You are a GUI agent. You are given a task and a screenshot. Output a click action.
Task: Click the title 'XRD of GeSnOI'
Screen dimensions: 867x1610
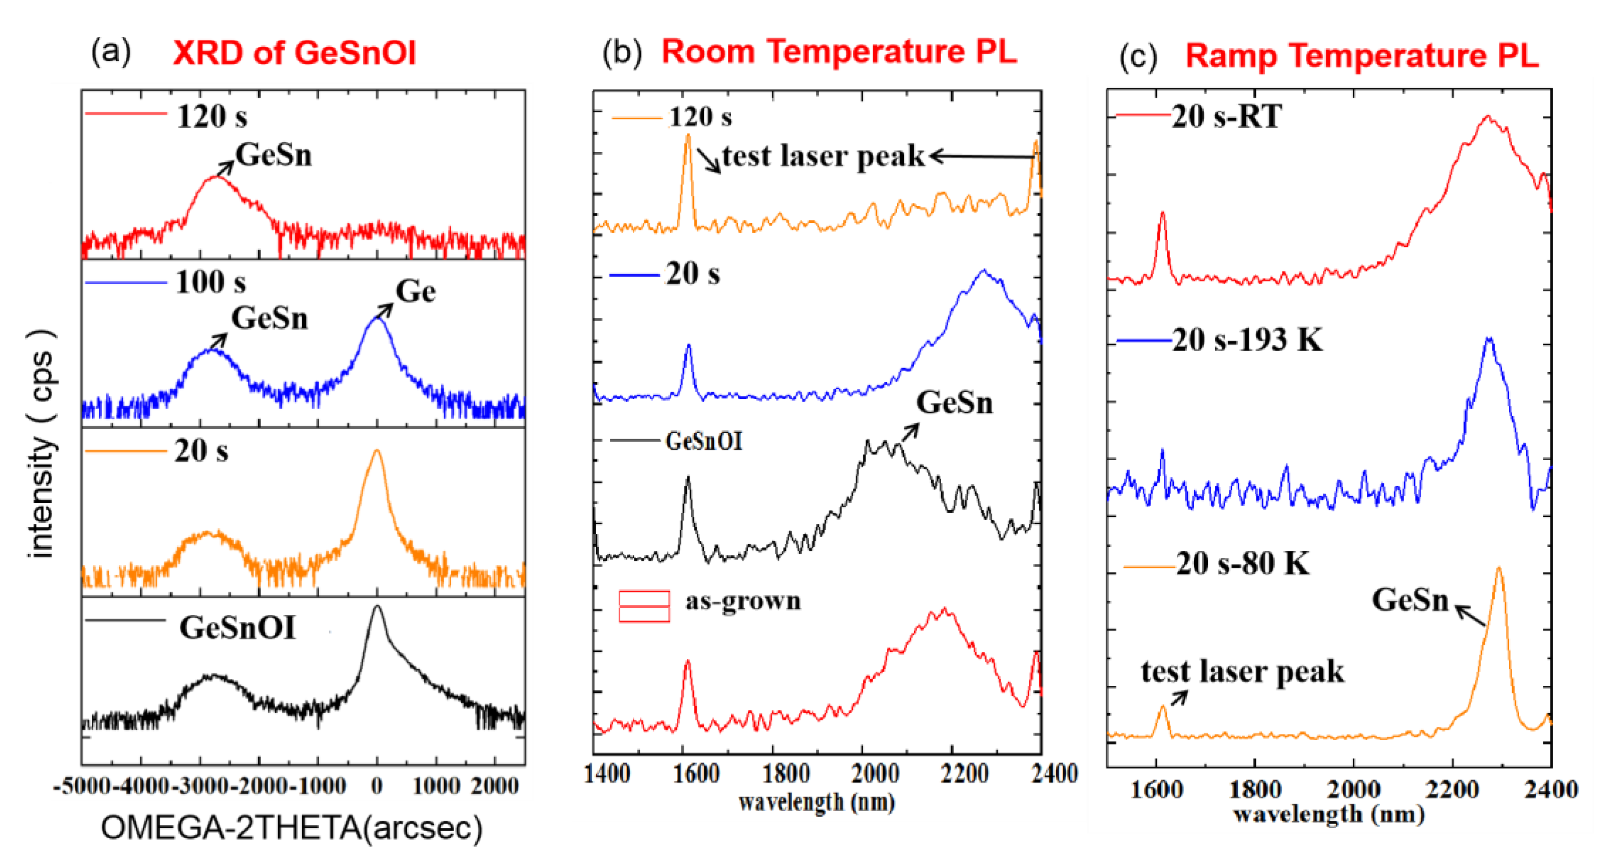point(294,53)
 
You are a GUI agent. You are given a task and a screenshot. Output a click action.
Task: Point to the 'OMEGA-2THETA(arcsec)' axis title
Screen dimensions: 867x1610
point(291,828)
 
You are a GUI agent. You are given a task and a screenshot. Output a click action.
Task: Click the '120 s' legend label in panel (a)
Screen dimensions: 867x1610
point(212,117)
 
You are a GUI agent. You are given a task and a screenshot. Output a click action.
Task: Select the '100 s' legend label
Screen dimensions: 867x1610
point(210,282)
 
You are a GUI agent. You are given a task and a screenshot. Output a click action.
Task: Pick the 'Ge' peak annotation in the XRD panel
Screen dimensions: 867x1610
point(416,291)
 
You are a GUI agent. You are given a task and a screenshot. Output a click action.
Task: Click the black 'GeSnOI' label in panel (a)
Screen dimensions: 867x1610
point(237,628)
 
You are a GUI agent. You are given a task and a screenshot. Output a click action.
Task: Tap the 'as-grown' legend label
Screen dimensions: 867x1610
point(743,601)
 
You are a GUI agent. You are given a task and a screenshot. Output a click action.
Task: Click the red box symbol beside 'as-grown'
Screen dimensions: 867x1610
point(644,606)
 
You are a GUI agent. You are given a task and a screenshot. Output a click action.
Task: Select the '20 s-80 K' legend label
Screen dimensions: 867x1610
point(1242,563)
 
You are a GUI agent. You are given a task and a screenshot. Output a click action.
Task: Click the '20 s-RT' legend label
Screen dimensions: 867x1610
point(1227,116)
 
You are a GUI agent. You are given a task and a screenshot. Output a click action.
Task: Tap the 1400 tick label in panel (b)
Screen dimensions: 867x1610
point(607,774)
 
